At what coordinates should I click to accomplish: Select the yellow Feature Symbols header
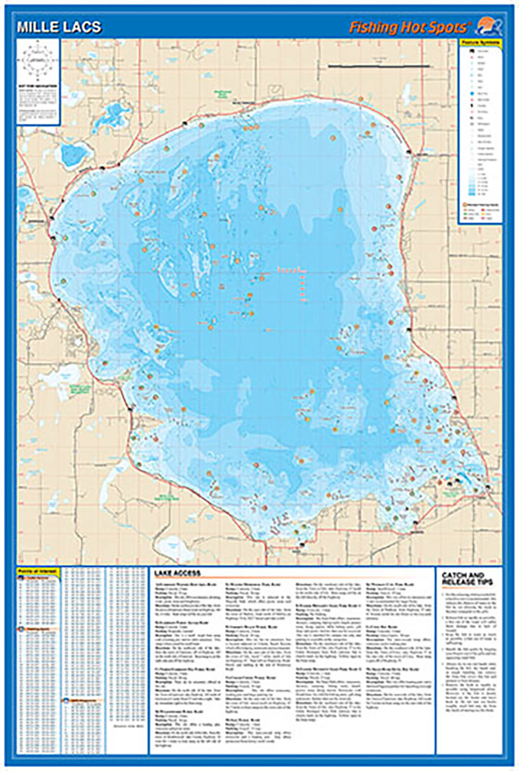coord(480,43)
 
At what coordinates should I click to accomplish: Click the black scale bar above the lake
coord(379,66)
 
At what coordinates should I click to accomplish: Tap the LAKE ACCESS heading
coord(177,573)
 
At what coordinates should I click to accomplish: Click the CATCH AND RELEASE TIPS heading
coord(463,579)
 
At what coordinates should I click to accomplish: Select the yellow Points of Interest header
coord(38,571)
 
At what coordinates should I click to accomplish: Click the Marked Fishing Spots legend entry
coord(479,205)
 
